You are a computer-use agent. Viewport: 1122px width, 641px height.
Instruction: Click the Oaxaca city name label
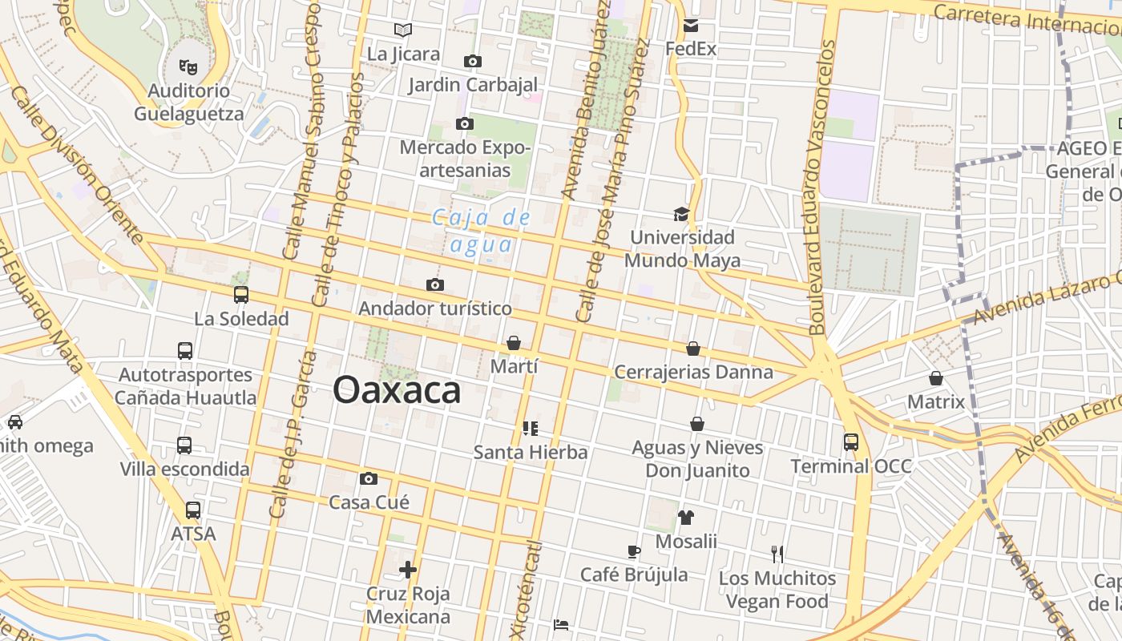(397, 390)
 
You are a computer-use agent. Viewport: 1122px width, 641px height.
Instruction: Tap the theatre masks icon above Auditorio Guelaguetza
(188, 66)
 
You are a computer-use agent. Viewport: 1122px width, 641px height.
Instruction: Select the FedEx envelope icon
(691, 26)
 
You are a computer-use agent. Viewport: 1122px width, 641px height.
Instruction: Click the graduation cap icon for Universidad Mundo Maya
(681, 214)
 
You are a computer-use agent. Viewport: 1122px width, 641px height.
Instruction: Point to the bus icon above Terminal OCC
(850, 441)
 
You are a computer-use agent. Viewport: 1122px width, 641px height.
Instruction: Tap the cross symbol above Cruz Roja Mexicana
(408, 570)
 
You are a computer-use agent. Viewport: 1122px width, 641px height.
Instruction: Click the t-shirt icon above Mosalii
(685, 518)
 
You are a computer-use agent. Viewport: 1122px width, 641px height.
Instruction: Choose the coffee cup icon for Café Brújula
(633, 551)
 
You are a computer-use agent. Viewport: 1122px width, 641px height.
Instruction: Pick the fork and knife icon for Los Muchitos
(777, 554)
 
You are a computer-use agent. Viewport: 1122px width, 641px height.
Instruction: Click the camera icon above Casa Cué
(369, 479)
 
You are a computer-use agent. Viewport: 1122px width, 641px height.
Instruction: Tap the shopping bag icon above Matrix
(936, 378)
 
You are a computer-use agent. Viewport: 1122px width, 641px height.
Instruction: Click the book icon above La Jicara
(403, 30)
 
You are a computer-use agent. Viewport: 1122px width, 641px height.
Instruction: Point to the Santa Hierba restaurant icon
(530, 429)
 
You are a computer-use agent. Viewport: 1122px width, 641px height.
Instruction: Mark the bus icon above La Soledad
(241, 295)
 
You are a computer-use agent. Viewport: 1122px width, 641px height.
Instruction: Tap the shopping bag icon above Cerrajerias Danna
(693, 349)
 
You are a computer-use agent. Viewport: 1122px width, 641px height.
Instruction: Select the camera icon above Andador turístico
(435, 284)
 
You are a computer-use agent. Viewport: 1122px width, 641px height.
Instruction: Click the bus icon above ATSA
(193, 510)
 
